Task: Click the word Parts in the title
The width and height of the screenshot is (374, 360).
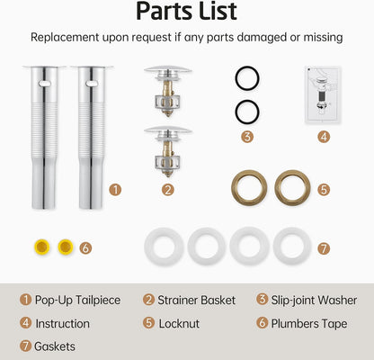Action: click(161, 12)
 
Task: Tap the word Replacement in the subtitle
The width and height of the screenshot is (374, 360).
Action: click(65, 38)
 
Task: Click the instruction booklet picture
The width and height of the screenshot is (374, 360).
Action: click(323, 94)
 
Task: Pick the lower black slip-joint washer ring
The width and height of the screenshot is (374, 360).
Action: click(247, 101)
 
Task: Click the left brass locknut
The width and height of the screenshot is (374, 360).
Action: click(249, 172)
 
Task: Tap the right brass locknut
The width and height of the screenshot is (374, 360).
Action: click(292, 172)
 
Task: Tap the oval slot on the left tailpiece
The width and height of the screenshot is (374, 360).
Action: click(44, 84)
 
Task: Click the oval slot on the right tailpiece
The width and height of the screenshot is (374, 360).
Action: click(92, 84)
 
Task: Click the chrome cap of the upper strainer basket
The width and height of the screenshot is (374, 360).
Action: click(168, 70)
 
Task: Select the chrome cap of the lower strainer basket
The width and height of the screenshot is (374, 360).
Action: click(168, 130)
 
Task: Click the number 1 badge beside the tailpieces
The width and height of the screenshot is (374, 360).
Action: click(115, 190)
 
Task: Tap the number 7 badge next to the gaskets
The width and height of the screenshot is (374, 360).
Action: click(324, 248)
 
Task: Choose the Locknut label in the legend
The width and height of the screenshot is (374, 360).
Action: click(179, 324)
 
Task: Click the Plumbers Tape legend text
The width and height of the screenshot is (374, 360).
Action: click(309, 324)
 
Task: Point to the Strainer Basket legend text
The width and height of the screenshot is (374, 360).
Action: click(197, 301)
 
